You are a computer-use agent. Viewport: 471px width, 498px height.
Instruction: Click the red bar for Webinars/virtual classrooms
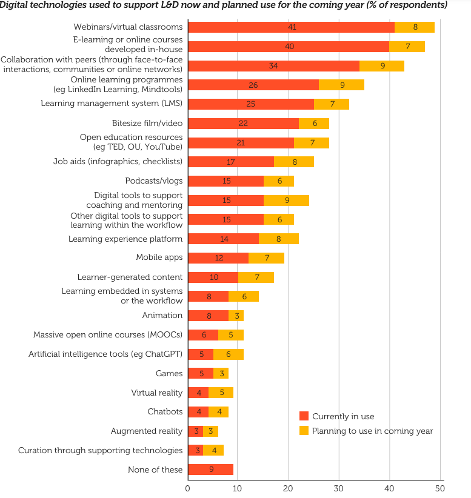[x=291, y=27]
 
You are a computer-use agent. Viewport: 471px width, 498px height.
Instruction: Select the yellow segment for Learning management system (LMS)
[x=331, y=104]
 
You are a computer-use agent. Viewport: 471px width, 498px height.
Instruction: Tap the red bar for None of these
[x=210, y=470]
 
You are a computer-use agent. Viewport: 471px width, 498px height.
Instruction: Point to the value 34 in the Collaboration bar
[x=273, y=66]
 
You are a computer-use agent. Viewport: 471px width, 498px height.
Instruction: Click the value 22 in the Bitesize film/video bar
[x=243, y=123]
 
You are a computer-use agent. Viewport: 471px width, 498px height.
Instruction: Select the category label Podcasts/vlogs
[x=153, y=181]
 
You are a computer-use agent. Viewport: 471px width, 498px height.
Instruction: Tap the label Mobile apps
[x=159, y=257]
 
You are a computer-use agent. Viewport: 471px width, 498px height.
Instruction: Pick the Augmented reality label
[x=146, y=431]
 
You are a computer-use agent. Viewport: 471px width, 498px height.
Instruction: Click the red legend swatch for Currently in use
[x=304, y=416]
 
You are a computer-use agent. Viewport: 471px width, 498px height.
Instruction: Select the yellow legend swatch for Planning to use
[x=304, y=431]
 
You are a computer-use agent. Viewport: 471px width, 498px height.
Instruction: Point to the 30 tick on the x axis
[x=339, y=488]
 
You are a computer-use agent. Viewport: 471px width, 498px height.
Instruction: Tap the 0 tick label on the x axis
[x=188, y=488]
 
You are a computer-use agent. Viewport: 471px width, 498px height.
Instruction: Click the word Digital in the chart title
[x=16, y=5]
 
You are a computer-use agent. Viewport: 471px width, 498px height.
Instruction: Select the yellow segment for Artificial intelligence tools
[x=228, y=354]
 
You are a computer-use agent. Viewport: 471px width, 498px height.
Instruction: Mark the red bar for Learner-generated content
[x=213, y=277]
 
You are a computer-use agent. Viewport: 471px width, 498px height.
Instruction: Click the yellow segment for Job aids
[x=293, y=162]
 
